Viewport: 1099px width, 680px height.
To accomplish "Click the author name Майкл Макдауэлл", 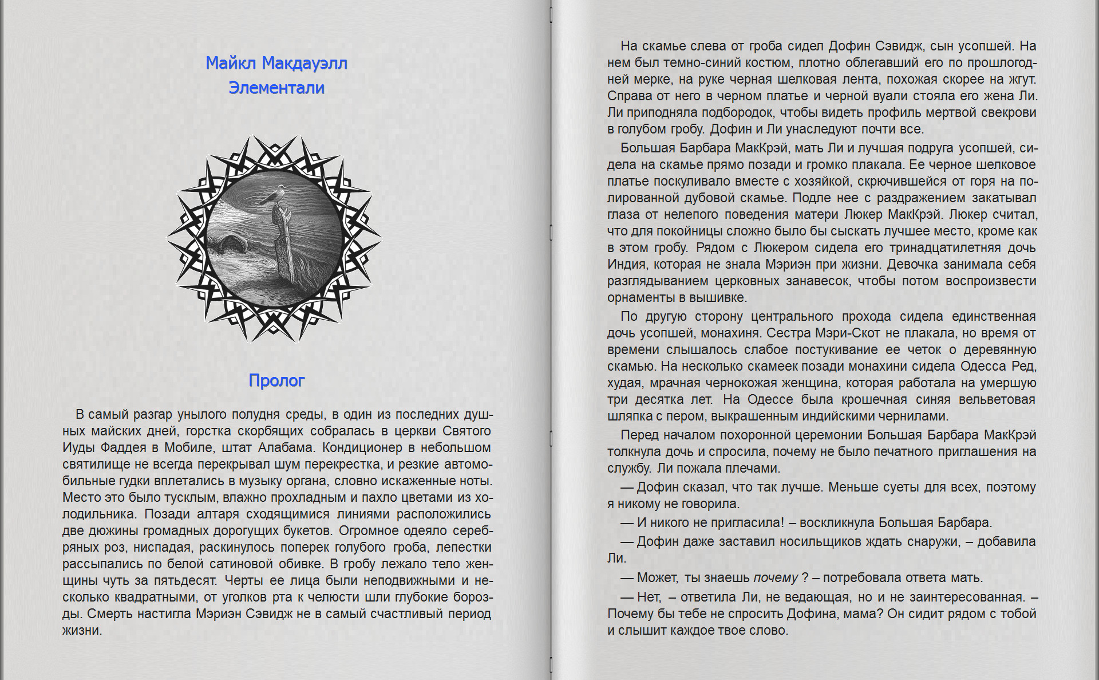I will (x=276, y=63).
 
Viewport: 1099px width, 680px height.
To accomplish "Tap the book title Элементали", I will (x=276, y=88).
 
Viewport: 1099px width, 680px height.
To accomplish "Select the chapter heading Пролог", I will (x=276, y=380).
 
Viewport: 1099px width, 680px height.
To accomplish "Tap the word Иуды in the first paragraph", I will (x=78, y=447).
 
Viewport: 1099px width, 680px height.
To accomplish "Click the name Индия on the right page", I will (x=626, y=265).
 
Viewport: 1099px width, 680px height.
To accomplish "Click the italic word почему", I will (x=775, y=577).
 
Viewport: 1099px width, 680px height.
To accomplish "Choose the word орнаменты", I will (x=639, y=298).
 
